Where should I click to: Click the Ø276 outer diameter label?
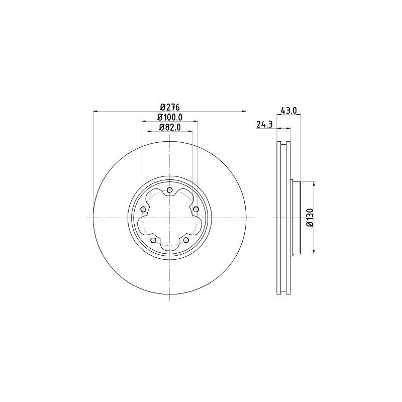coord(170,107)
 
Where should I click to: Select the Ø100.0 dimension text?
coord(170,117)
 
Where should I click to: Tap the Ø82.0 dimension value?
coord(170,127)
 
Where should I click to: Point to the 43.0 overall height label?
coord(289,111)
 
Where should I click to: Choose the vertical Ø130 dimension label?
coord(310,218)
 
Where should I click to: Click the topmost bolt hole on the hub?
coord(170,189)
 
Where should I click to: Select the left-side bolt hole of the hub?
coord(143,209)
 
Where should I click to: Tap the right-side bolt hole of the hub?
coord(196,209)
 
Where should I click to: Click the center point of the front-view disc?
coord(170,218)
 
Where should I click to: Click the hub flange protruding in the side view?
coord(295,218)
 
